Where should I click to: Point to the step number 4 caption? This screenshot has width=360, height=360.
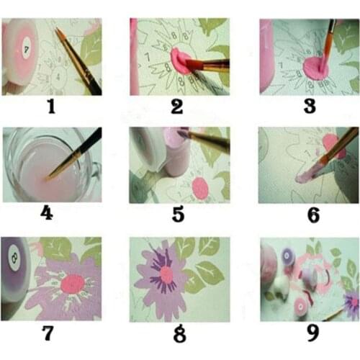(x=50, y=214)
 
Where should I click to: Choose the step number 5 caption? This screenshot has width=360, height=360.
(x=179, y=214)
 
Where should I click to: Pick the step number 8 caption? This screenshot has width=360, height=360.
(x=179, y=334)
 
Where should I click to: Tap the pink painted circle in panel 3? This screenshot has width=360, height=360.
(x=315, y=68)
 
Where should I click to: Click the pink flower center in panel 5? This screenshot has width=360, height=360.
(x=201, y=188)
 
